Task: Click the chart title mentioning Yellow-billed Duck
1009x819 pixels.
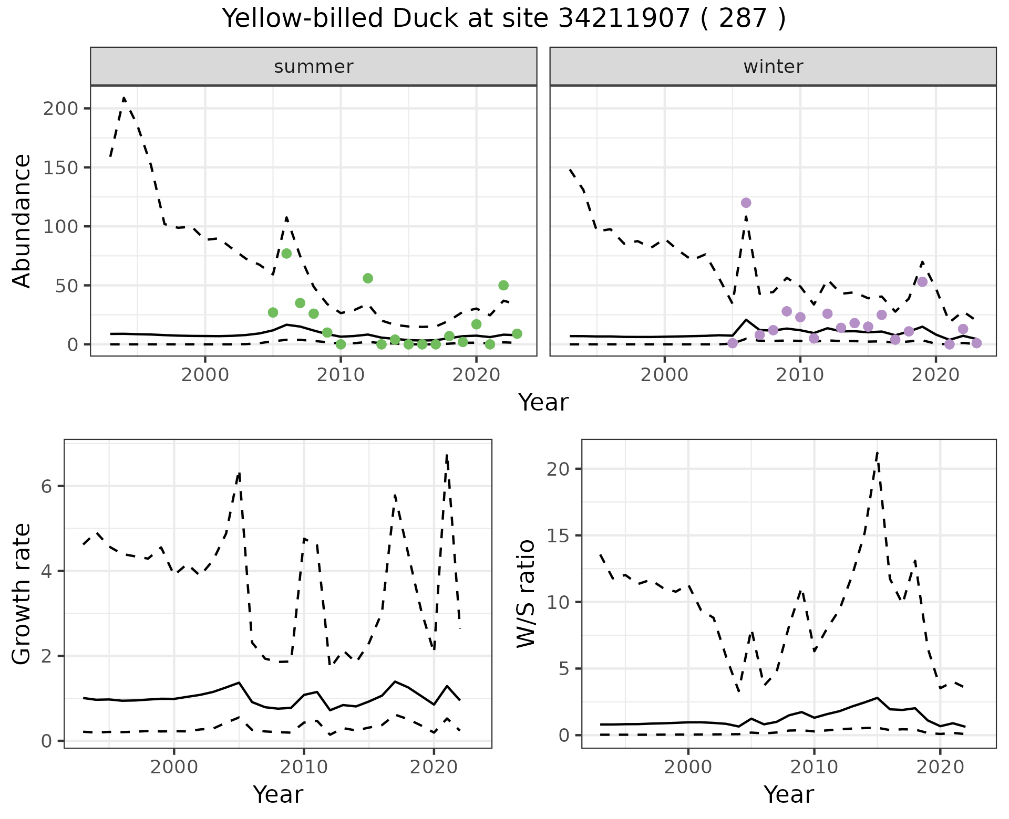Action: coord(504,19)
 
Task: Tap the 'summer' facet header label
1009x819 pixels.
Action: coord(314,67)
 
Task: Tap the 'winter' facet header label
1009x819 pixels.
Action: coord(773,67)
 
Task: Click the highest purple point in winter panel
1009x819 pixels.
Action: coord(746,203)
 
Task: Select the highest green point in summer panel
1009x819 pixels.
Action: coord(286,254)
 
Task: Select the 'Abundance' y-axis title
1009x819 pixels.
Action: coord(22,221)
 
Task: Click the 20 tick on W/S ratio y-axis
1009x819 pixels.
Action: coord(559,469)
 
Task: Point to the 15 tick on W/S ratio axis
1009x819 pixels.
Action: coord(559,535)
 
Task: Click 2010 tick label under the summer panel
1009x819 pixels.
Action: coord(341,375)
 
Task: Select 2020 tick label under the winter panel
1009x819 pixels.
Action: coord(935,375)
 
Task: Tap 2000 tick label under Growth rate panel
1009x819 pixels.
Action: coord(174,767)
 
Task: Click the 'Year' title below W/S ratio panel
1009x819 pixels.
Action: coord(789,794)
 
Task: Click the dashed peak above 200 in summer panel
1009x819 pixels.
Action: coord(124,98)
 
